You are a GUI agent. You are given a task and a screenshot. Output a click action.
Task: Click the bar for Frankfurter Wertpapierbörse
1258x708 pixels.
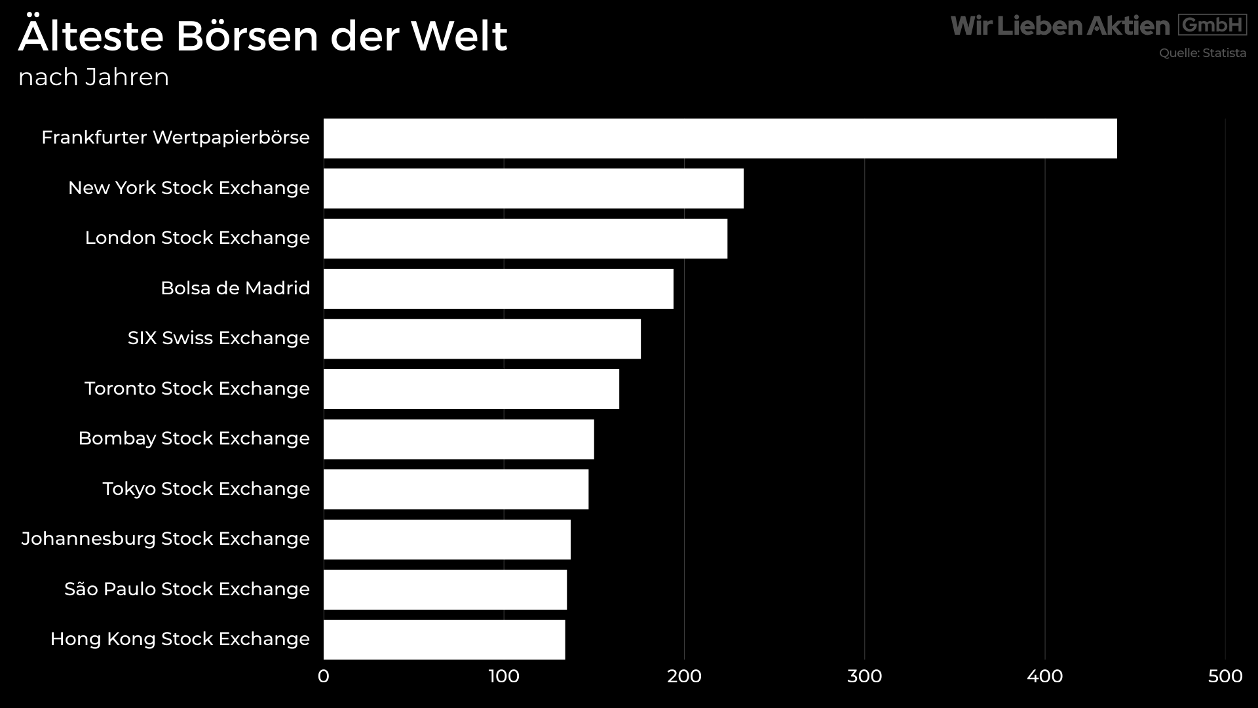click(x=719, y=138)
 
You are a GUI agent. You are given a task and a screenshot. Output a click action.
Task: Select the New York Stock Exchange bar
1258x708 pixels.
click(x=533, y=189)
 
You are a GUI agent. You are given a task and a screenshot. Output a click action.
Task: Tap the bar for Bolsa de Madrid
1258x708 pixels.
click(x=498, y=288)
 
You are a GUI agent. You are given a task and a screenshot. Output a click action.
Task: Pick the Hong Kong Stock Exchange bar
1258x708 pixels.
click(x=444, y=640)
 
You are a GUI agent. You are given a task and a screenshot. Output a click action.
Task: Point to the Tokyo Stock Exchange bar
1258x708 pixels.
click(x=456, y=489)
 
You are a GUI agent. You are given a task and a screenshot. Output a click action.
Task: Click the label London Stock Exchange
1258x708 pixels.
click(x=197, y=238)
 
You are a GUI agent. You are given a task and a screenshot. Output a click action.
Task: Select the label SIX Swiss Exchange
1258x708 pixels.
click(x=218, y=338)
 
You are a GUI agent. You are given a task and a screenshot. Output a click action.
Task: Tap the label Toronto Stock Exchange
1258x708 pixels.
click(x=197, y=389)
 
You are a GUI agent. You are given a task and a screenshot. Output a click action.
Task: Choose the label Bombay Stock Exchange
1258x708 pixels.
click(x=193, y=439)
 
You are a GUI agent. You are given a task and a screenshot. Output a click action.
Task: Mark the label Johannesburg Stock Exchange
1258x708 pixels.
click(x=165, y=539)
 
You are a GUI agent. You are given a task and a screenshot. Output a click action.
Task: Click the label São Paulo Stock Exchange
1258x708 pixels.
click(x=187, y=589)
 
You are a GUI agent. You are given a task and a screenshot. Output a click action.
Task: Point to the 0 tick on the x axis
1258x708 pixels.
click(x=324, y=677)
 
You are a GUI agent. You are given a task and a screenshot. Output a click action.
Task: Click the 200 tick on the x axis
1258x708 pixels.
click(x=684, y=677)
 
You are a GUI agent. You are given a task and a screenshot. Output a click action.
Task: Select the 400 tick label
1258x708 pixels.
click(x=1044, y=677)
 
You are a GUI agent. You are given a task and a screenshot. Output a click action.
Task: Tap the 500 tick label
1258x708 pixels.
click(x=1225, y=677)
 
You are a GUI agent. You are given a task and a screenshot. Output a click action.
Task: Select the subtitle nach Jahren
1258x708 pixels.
click(x=94, y=77)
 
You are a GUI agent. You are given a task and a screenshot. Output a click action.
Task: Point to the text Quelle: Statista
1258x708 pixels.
click(x=1202, y=53)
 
